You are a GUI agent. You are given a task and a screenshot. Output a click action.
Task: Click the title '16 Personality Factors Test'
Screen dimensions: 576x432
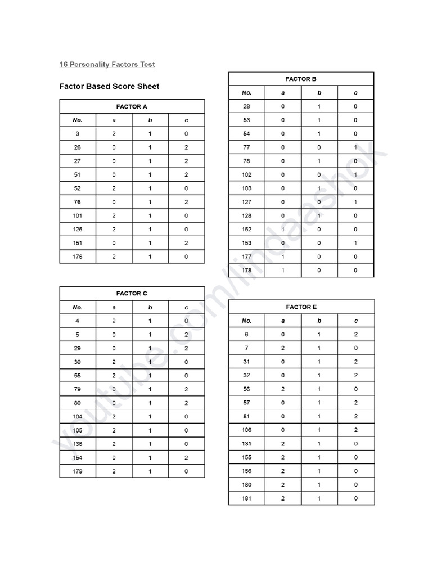(x=107, y=64)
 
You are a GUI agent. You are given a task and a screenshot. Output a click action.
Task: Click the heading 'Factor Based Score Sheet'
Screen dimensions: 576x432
(x=109, y=86)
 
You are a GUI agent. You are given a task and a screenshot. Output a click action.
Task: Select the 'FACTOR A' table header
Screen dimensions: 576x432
(x=132, y=106)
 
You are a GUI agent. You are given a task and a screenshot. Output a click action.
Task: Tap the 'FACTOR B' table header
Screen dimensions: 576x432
(x=301, y=79)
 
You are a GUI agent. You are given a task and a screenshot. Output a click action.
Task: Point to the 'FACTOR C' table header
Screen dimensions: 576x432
(x=132, y=294)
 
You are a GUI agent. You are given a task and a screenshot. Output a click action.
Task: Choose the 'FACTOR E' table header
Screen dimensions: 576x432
(x=301, y=307)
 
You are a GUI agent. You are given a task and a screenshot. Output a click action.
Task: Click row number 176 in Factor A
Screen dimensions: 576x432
(x=78, y=256)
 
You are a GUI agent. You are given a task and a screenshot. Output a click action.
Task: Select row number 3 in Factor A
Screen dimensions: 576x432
(x=78, y=134)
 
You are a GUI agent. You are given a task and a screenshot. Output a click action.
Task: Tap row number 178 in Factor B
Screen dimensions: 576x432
(x=246, y=271)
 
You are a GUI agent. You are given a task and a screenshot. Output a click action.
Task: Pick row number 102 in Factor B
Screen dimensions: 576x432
(x=246, y=174)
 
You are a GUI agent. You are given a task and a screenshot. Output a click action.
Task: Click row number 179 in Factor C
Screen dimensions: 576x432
(x=78, y=471)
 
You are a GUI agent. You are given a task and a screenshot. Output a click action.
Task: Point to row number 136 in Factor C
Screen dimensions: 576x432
(x=78, y=444)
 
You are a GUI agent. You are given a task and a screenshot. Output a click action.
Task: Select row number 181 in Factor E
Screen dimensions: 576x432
(x=246, y=498)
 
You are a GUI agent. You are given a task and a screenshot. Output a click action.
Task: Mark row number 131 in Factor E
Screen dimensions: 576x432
(x=246, y=444)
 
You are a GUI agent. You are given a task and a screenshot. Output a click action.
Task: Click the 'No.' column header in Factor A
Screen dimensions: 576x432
(x=78, y=120)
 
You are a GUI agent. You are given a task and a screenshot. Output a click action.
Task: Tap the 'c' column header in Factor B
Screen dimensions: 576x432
(x=355, y=93)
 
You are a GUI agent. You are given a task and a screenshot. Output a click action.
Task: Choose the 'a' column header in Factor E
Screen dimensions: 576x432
(x=283, y=321)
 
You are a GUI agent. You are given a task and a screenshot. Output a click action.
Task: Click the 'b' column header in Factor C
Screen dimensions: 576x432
(x=150, y=307)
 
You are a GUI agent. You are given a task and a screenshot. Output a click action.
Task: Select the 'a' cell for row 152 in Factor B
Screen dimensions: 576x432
(x=283, y=229)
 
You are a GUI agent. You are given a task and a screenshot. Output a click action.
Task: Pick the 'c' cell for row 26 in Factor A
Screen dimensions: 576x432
(x=186, y=147)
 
